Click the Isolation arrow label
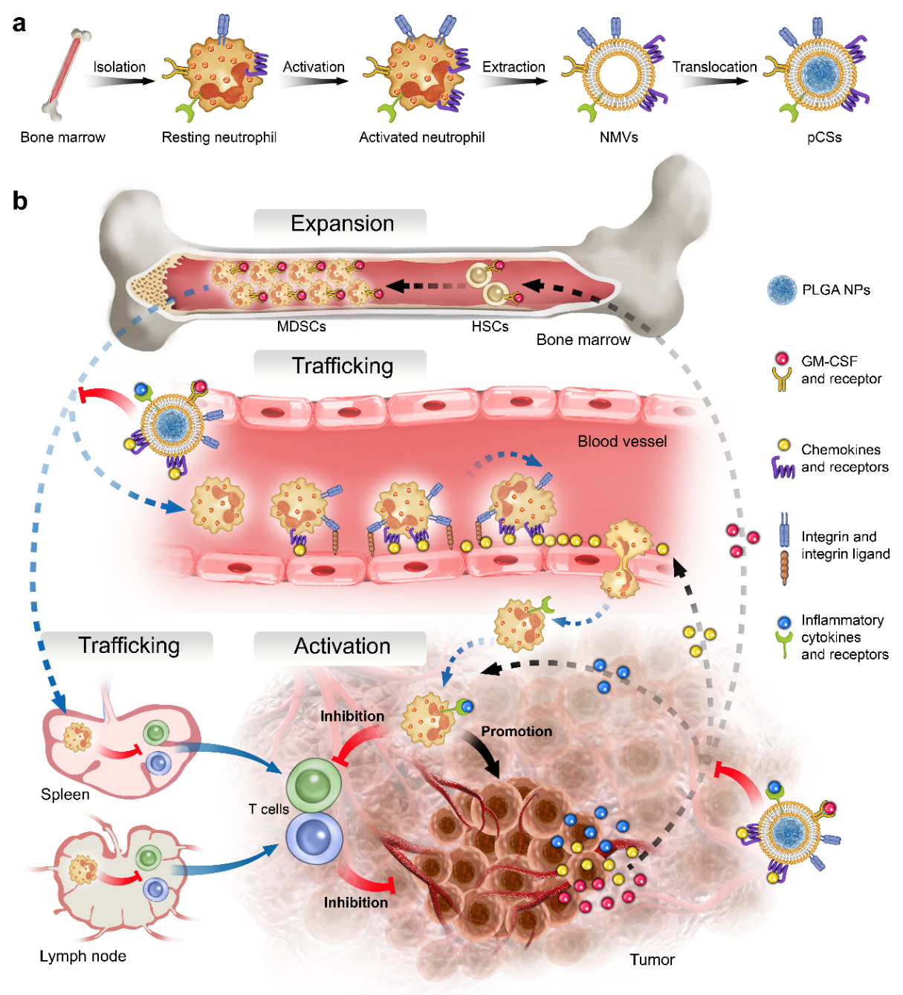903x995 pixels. (119, 67)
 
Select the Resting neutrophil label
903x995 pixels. (219, 138)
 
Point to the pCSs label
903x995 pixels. (824, 138)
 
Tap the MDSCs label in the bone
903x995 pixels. (301, 326)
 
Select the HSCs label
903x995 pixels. (490, 326)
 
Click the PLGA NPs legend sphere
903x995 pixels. (782, 290)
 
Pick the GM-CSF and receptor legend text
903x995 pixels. (841, 370)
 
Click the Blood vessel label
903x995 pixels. (622, 442)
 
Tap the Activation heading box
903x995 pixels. (341, 646)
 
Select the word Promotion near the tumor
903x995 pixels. (517, 732)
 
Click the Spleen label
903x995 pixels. (65, 795)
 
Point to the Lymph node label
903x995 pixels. (82, 956)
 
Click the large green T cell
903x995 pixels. (314, 785)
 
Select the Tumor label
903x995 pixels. (652, 960)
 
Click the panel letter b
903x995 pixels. (20, 202)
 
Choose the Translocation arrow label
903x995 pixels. (714, 67)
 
